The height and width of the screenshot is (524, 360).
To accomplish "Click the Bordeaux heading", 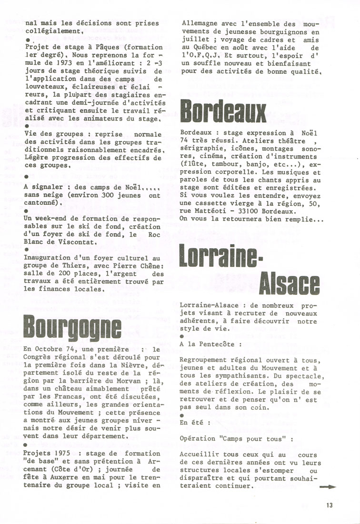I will point(223,112).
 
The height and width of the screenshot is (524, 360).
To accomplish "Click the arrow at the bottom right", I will point(329,487).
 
